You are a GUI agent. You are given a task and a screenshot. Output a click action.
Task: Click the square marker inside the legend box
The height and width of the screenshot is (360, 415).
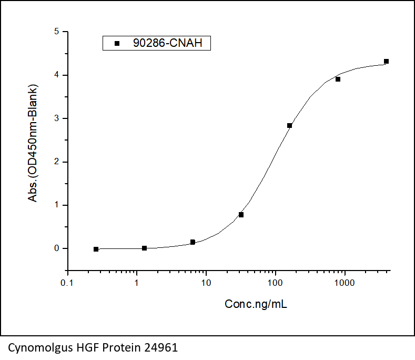[117, 43]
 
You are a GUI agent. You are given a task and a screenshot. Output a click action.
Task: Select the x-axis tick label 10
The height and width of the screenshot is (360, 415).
[206, 283]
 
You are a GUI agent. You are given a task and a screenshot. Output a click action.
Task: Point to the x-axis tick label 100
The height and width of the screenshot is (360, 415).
[275, 283]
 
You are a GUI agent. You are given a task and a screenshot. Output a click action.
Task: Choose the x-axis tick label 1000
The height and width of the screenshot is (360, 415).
[345, 283]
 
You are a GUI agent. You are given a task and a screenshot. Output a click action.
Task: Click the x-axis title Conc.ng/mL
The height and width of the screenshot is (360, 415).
[256, 304]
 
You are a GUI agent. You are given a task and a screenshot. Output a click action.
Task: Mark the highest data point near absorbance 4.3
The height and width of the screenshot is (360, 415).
[386, 62]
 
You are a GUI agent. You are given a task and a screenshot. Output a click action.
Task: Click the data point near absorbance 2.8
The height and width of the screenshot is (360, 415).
[289, 125]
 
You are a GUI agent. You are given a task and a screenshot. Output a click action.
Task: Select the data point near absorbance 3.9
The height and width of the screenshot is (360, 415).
[338, 79]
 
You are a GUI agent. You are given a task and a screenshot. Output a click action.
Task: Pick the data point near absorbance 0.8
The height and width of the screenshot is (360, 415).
[241, 215]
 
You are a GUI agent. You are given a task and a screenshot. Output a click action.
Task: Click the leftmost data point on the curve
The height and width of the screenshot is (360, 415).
[96, 249]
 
